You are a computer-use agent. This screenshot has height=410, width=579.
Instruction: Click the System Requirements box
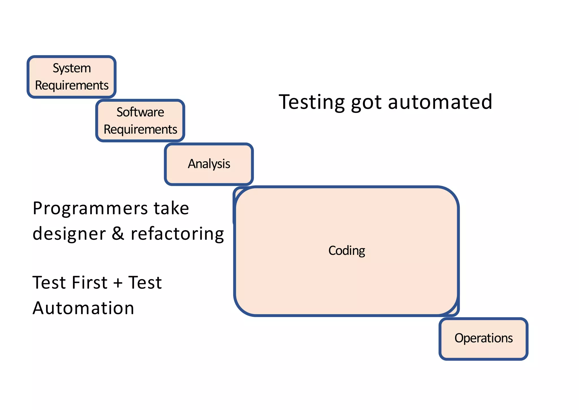click(72, 77)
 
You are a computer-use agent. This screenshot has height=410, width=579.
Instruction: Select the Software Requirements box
click(140, 121)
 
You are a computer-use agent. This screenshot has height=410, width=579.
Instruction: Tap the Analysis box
click(209, 164)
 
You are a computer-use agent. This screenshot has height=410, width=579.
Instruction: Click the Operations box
click(483, 339)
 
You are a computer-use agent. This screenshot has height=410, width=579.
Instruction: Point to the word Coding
click(347, 251)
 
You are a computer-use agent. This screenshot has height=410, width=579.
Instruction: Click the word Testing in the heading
click(312, 102)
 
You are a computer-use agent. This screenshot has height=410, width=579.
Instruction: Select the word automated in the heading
click(440, 102)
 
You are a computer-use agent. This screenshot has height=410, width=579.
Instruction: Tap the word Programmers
click(90, 209)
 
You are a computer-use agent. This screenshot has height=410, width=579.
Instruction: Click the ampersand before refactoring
click(118, 234)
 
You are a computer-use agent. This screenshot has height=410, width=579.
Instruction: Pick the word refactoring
click(177, 234)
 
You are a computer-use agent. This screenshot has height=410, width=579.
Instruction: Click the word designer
click(69, 234)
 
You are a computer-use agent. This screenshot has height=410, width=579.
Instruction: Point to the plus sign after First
click(118, 283)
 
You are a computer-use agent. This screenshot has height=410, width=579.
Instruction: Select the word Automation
click(83, 308)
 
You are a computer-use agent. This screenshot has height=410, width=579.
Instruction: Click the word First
click(90, 283)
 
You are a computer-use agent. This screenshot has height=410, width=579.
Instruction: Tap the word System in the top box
click(72, 68)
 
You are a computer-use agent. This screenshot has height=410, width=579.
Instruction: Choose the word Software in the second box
click(140, 112)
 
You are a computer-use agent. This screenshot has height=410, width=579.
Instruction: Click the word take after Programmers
click(171, 209)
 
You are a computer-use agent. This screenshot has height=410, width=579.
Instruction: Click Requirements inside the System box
click(72, 86)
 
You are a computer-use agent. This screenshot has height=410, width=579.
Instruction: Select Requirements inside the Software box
click(140, 129)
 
